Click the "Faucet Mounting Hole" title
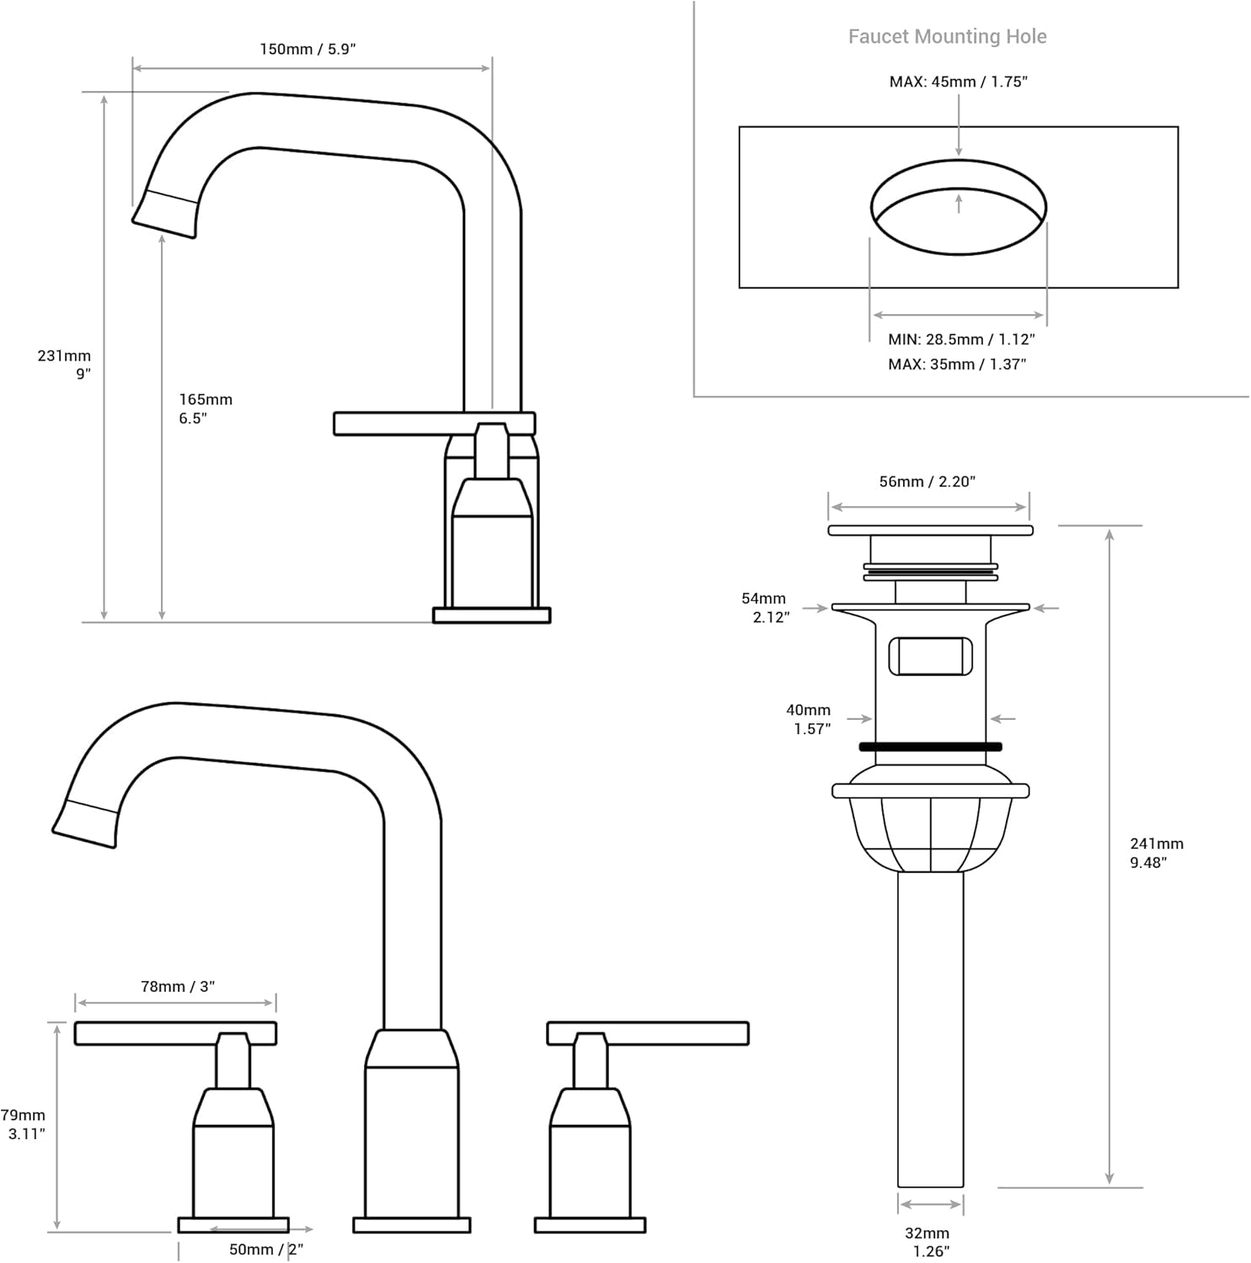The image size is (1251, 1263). [x=947, y=37]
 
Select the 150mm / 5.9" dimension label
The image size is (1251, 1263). [x=307, y=50]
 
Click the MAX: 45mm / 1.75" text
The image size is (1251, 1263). [x=958, y=83]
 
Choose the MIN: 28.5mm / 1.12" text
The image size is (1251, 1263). [x=961, y=339]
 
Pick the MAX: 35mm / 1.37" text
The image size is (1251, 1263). [x=957, y=365]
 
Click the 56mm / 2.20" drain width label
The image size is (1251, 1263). [x=927, y=482]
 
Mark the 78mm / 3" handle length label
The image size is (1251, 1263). [x=178, y=987]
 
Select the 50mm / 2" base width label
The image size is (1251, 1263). [x=265, y=1250]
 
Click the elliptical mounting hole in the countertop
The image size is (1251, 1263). [x=958, y=208]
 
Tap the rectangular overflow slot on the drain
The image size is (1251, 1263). [x=930, y=657]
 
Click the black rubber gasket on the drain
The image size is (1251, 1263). [x=930, y=747]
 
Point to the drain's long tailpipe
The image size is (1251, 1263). [x=930, y=1027]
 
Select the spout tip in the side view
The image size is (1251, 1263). [x=166, y=215]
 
